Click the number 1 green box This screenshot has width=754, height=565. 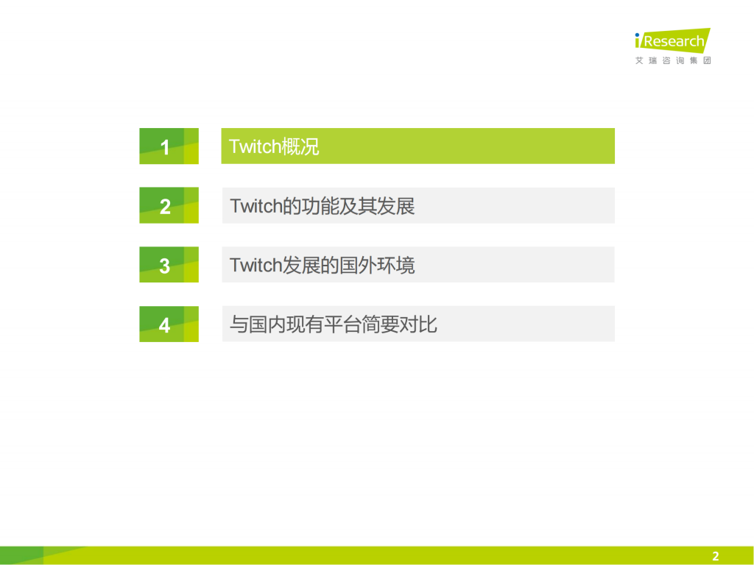point(169,146)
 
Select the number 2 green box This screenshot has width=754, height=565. point(169,205)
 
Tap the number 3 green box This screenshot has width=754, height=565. point(169,265)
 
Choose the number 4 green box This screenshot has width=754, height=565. point(169,324)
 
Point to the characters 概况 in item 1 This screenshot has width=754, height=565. point(300,146)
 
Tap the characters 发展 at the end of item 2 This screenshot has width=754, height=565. point(396,206)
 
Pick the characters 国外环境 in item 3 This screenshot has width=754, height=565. point(377,265)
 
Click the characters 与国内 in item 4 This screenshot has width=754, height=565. point(258,324)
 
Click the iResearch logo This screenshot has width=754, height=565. point(672,41)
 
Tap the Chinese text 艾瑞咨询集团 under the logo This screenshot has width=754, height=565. point(673,60)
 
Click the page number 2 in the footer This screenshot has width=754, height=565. point(715,556)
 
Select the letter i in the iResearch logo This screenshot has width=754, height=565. point(638,41)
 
